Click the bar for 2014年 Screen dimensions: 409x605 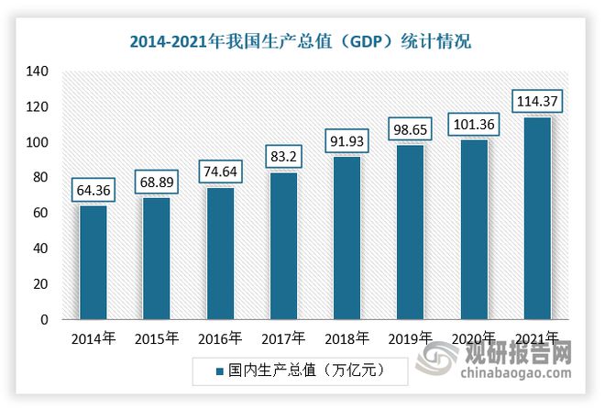(93, 263)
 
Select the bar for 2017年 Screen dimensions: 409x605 (283, 247)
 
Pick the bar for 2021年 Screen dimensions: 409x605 (536, 219)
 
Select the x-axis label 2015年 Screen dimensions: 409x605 (156, 338)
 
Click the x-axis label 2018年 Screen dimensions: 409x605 (346, 338)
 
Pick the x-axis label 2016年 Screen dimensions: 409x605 (220, 338)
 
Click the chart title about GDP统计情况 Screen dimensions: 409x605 (302, 39)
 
